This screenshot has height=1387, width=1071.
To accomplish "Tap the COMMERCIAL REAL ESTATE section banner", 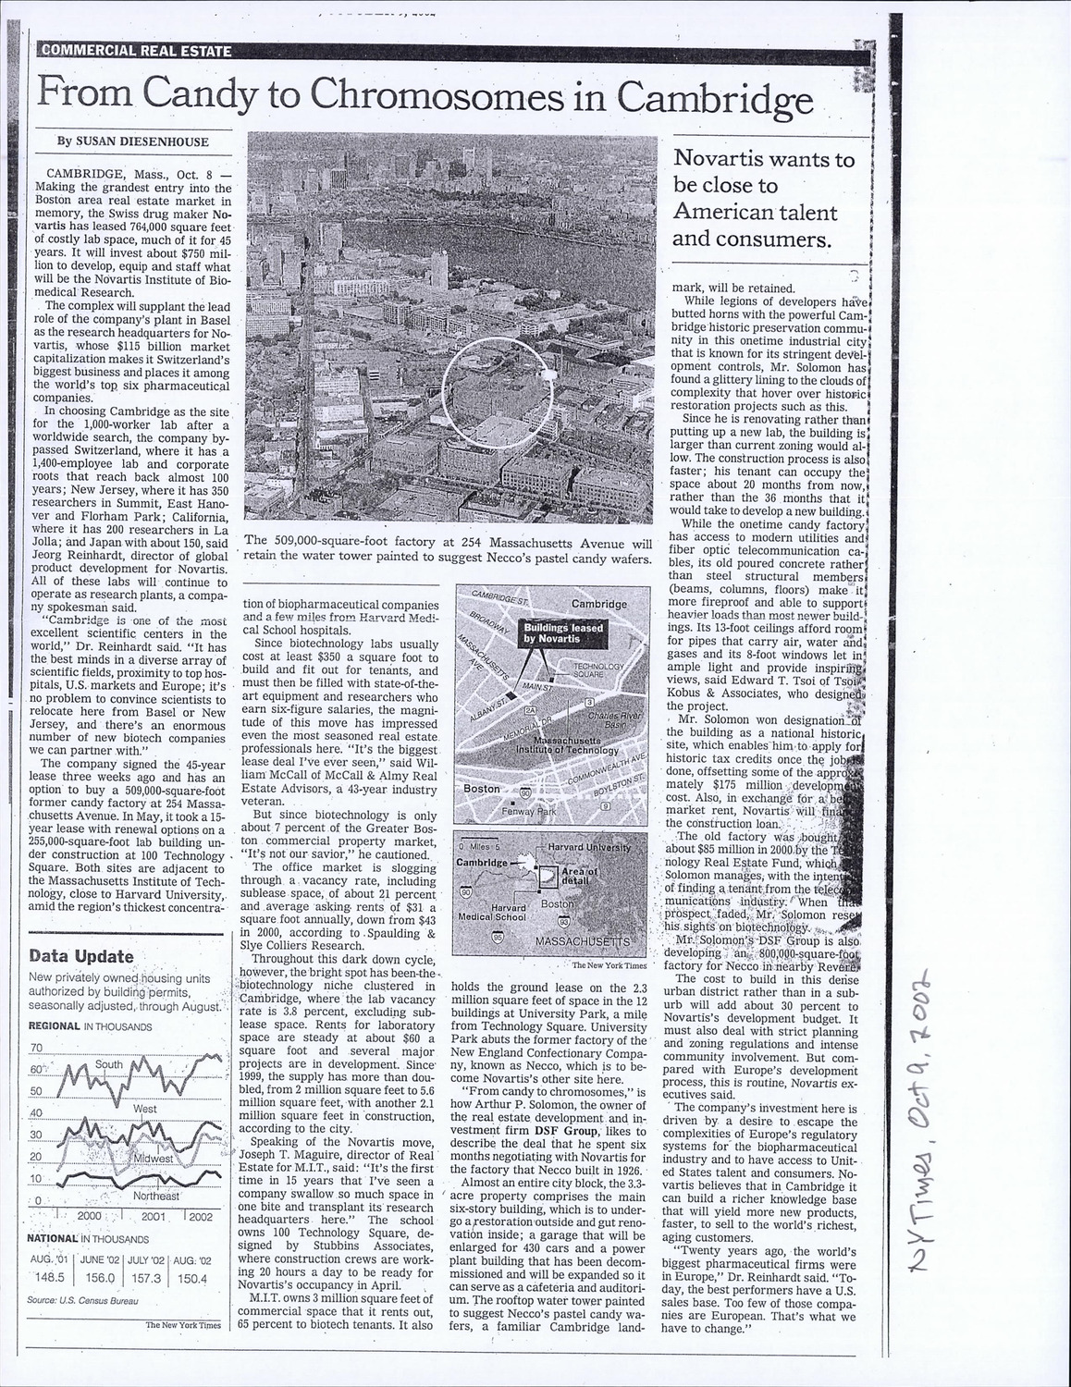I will coord(135,51).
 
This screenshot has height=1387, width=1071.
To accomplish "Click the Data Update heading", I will coord(81,956).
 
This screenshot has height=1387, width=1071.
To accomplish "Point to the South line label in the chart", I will coord(108,1064).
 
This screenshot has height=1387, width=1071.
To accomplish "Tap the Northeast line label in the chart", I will coord(154,1196).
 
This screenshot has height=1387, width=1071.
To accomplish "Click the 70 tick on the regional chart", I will coord(37,1048).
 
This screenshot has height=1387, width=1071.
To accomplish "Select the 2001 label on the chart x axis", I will coord(154,1217).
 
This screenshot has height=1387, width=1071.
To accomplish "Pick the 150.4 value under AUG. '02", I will coord(191,1278).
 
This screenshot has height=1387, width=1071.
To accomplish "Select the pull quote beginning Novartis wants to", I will coord(763,200).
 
